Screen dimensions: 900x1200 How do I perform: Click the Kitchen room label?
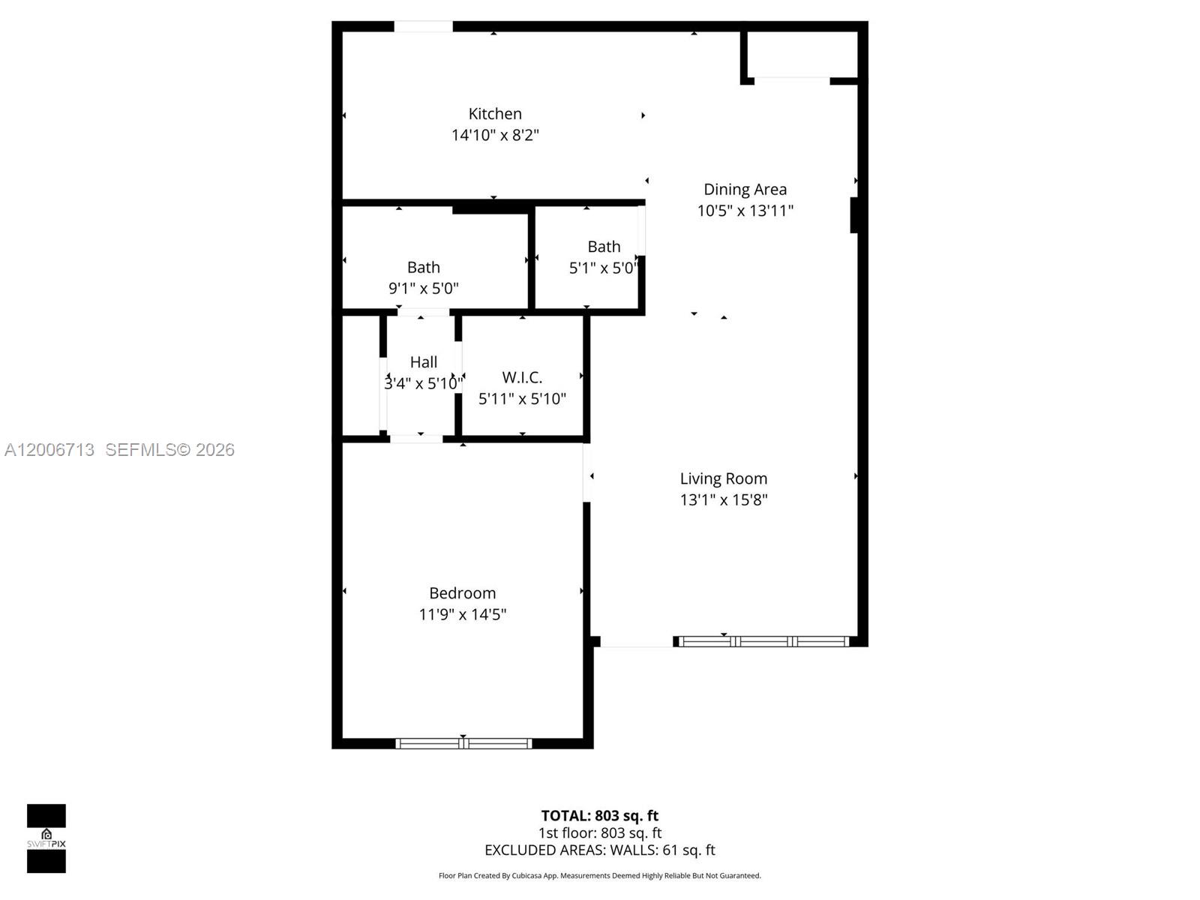tap(495, 114)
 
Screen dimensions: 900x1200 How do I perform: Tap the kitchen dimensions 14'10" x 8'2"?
tap(495, 135)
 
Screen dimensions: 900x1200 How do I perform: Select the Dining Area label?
tap(745, 190)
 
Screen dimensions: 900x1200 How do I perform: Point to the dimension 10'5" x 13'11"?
tap(745, 211)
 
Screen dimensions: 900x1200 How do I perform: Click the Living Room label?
tap(724, 478)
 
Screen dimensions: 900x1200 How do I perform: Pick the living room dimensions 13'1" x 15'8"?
tap(724, 499)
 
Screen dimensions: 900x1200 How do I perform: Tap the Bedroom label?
tap(462, 593)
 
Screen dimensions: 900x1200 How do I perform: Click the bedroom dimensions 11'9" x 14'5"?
tap(462, 614)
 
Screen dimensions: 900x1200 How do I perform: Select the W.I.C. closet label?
tap(522, 377)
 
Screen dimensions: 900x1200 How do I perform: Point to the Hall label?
tap(424, 362)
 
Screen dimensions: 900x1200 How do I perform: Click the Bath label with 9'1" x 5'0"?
tap(424, 268)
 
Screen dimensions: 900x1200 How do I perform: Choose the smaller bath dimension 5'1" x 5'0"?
tap(603, 268)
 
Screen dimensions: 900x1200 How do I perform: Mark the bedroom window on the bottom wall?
tap(463, 743)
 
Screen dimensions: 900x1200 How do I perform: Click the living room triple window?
tap(763, 641)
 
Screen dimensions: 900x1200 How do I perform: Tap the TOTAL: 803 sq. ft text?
tap(600, 815)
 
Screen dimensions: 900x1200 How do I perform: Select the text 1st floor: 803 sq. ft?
tap(600, 832)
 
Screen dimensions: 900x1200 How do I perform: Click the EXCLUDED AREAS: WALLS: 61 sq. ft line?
tap(600, 850)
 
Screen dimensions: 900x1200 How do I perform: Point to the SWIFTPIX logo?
tap(46, 838)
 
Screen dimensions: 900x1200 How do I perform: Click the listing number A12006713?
tap(49, 449)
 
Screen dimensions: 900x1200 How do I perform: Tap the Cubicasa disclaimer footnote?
tap(600, 875)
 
